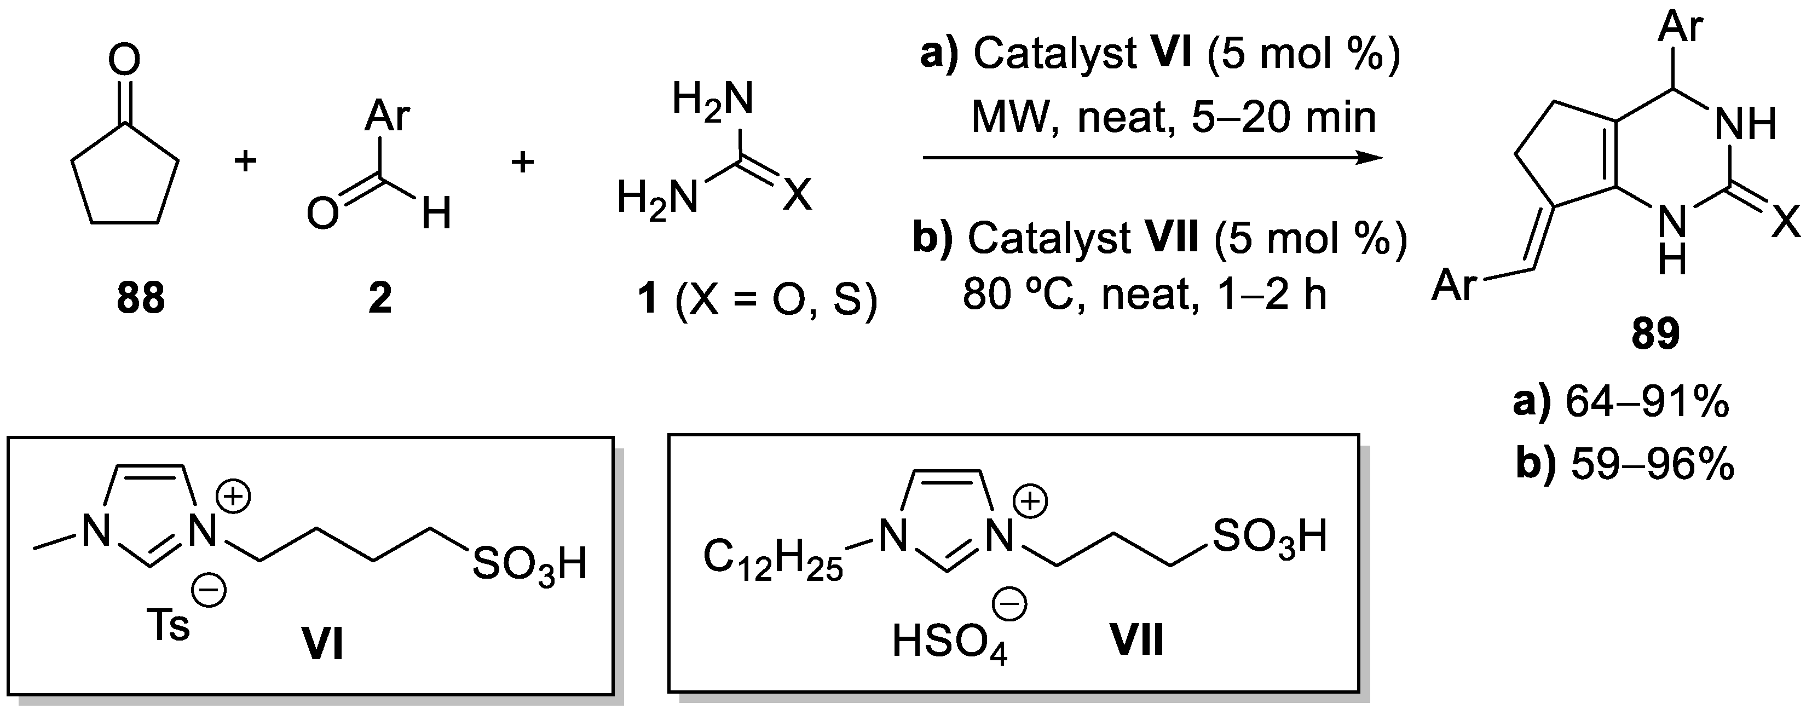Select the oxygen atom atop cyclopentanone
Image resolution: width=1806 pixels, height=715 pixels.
coord(124,60)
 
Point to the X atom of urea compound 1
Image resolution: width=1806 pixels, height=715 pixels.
coord(797,194)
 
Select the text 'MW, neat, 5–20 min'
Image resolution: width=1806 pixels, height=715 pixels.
coord(1173,118)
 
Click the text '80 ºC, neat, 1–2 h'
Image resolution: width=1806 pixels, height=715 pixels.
coord(1144,295)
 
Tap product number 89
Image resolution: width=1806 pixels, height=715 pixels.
coord(1656,335)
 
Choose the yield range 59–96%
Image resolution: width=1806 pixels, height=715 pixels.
coord(1653,464)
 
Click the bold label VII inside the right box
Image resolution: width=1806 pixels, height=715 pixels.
coord(1136,641)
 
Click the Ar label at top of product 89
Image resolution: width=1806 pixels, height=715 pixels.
coord(1681,27)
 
